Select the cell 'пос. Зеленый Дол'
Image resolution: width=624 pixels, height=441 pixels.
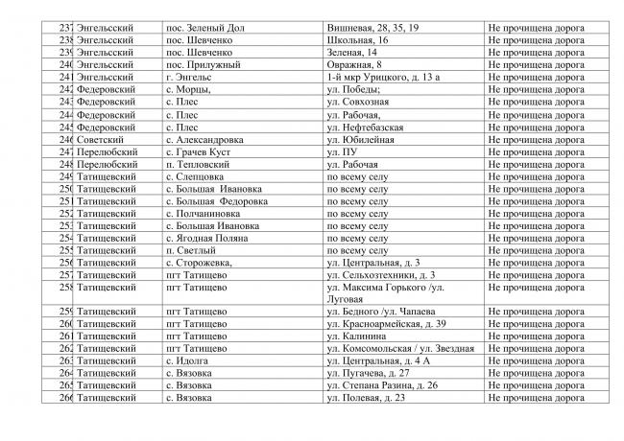click(x=205, y=30)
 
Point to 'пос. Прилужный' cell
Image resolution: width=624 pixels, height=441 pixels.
click(x=202, y=64)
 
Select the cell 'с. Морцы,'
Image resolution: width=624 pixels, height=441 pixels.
click(x=191, y=88)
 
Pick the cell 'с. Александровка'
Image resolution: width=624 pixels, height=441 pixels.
click(x=204, y=139)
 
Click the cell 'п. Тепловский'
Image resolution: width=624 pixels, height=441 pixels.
click(x=199, y=164)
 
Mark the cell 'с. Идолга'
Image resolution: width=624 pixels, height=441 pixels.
click(x=188, y=360)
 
